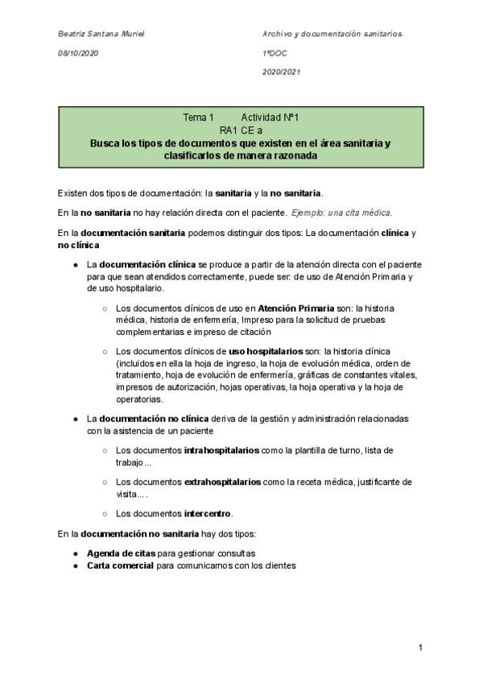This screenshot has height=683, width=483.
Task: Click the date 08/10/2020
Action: click(x=78, y=53)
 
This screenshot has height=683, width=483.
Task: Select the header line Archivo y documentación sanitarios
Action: click(x=332, y=34)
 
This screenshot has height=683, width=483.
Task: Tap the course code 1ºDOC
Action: click(x=275, y=53)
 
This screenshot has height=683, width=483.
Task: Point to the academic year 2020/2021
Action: click(x=281, y=72)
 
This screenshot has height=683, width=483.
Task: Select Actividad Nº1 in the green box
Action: click(x=270, y=118)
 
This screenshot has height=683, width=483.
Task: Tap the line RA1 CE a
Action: click(x=241, y=130)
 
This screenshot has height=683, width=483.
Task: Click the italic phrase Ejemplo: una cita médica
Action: click(x=341, y=213)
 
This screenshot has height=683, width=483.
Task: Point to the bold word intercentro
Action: click(x=208, y=513)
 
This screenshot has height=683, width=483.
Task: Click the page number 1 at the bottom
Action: click(x=420, y=648)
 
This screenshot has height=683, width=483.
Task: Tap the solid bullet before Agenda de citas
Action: click(x=75, y=553)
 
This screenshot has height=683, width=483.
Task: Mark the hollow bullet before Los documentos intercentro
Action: click(x=105, y=513)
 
